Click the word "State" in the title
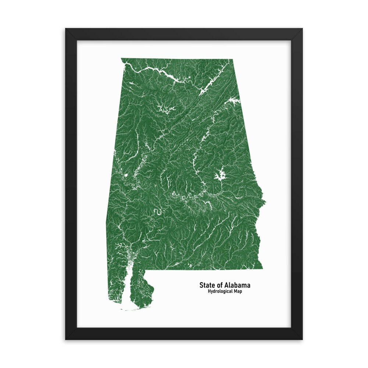(x=207, y=285)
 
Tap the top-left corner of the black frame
(x=66, y=29)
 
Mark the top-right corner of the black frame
(x=302, y=29)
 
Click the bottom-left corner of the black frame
(x=66, y=339)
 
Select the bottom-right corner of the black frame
(x=302, y=339)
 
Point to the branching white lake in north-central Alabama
(x=164, y=108)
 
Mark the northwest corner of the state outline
(x=121, y=59)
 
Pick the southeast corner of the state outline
(x=262, y=269)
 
